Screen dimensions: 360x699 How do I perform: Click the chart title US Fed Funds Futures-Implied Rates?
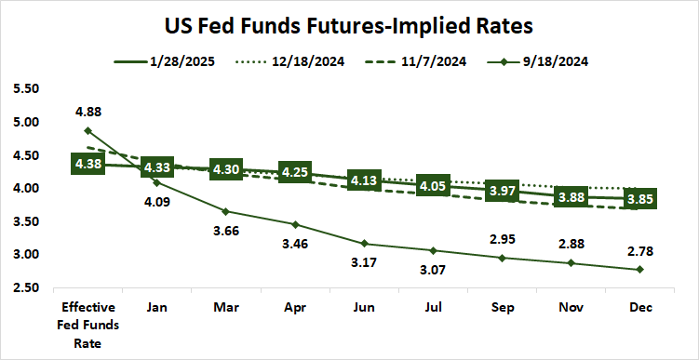pos(350,21)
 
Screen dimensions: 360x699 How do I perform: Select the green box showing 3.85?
pos(639,199)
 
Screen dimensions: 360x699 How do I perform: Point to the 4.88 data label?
pos(88,113)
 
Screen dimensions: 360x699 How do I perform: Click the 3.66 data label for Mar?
pos(227,233)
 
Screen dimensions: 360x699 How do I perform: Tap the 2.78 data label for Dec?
pos(639,248)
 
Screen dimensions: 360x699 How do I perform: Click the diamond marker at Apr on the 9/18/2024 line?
pos(295,224)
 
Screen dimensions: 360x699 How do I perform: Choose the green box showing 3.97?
pos(502,191)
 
